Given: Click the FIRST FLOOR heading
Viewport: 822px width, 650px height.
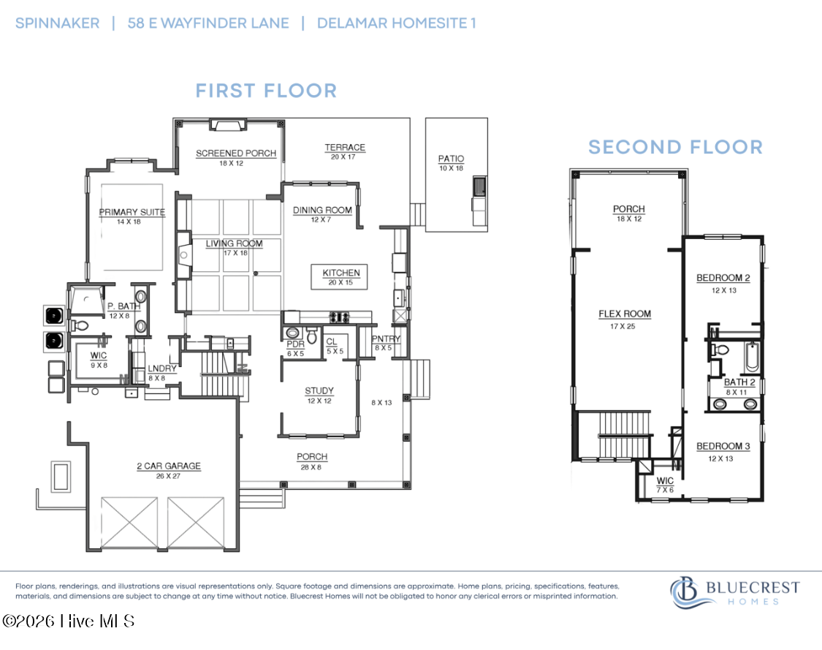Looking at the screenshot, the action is [266, 91].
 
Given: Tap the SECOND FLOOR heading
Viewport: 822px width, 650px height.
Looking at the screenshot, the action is [675, 148].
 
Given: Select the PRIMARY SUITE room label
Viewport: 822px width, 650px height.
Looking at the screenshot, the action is [132, 212].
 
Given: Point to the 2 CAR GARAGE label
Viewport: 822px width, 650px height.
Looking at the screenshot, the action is [169, 466].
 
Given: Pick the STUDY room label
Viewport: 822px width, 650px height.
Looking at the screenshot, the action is [319, 391].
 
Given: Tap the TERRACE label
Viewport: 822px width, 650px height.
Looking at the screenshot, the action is [344, 148].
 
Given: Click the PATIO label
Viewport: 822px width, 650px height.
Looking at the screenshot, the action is [451, 159].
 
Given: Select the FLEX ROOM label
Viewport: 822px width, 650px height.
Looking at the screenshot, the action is [625, 314].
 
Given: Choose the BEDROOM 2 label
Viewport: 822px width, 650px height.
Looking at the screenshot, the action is [723, 278].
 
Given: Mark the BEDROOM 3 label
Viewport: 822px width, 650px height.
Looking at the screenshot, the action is [723, 446].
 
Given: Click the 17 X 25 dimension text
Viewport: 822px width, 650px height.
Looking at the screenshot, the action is [623, 326].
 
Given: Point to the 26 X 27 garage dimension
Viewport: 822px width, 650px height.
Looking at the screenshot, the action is [168, 476].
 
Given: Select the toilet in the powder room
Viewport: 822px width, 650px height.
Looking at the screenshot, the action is [312, 335].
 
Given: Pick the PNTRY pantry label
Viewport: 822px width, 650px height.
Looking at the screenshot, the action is [386, 339].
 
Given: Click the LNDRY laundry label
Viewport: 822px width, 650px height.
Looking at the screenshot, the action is [162, 369].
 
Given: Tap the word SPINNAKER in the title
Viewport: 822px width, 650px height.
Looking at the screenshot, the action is [57, 23].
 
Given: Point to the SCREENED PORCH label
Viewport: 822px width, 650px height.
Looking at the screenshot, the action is [236, 154].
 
